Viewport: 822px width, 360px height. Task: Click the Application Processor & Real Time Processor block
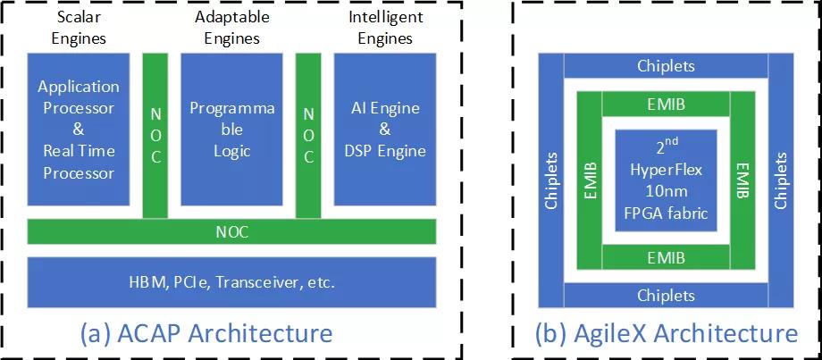pyautogui.click(x=79, y=129)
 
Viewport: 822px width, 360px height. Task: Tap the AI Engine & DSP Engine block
pyautogui.click(x=384, y=129)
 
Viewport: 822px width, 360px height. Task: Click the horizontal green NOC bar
pyautogui.click(x=232, y=231)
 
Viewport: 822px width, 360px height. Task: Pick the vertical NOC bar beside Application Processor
pyautogui.click(x=155, y=134)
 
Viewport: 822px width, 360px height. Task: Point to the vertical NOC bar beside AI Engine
pyautogui.click(x=308, y=134)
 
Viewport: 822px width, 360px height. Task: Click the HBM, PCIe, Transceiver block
pyautogui.click(x=232, y=282)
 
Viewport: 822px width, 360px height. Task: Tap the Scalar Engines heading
pyautogui.click(x=80, y=28)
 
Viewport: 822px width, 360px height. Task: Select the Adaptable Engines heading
pyautogui.click(x=231, y=28)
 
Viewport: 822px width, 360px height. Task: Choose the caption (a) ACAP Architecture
pyautogui.click(x=206, y=334)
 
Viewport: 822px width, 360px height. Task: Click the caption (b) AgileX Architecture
pyautogui.click(x=666, y=334)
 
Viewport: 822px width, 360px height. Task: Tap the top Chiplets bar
pyautogui.click(x=666, y=66)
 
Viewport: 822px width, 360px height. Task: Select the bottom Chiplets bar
pyautogui.click(x=666, y=295)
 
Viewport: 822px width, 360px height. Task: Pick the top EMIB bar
pyautogui.click(x=666, y=104)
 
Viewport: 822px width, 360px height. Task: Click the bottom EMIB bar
pyautogui.click(x=666, y=257)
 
